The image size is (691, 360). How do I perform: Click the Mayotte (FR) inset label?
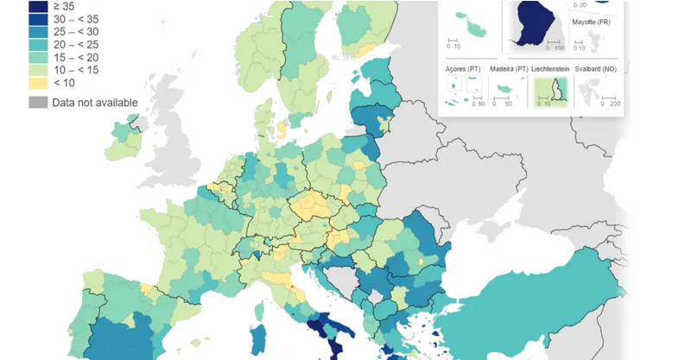(591, 22)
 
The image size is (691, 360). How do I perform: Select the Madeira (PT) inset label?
(508, 68)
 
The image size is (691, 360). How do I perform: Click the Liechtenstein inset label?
(555, 68)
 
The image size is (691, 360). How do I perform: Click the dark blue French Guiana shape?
(536, 22)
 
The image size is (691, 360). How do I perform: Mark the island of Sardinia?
(257, 338)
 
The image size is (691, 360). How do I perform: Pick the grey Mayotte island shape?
(593, 39)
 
